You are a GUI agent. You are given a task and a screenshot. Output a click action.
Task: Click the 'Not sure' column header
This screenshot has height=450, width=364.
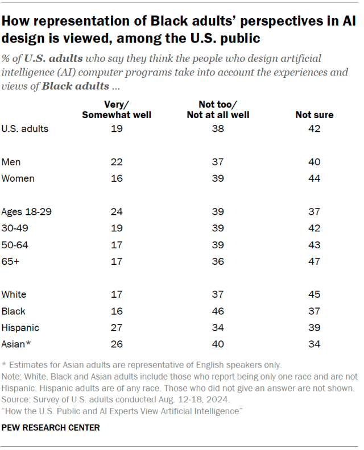tap(314, 115)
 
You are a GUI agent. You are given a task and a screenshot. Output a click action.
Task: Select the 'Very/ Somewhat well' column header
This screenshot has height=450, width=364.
tap(117, 110)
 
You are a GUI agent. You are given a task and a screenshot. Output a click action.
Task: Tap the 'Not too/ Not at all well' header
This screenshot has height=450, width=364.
tap(218, 110)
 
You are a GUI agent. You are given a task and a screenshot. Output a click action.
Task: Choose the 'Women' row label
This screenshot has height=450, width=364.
tap(18, 178)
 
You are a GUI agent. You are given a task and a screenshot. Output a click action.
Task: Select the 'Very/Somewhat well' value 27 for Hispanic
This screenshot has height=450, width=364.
tap(117, 328)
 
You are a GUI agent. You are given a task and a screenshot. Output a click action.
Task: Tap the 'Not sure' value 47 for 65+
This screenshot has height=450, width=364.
tap(314, 261)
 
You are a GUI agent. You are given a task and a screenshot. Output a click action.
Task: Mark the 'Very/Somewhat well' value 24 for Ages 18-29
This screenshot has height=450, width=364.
tap(117, 212)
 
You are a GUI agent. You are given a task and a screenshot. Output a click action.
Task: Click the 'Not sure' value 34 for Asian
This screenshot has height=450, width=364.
tap(314, 344)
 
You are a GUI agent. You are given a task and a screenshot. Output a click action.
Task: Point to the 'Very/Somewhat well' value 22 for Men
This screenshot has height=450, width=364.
tap(117, 162)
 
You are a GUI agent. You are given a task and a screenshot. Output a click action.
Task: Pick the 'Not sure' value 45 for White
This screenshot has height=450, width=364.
tap(314, 294)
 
